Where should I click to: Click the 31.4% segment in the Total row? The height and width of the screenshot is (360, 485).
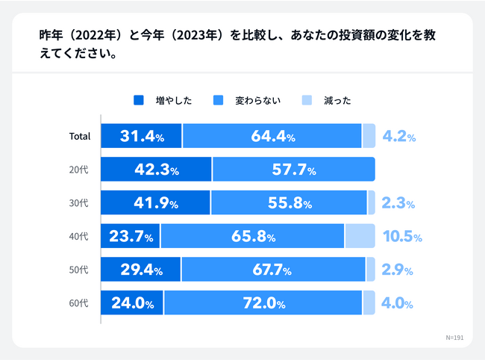click(x=141, y=136)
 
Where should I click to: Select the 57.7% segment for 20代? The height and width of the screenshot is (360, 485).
click(x=293, y=170)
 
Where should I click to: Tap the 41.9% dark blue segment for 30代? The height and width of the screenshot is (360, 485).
click(x=155, y=202)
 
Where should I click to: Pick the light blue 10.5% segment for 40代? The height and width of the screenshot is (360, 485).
click(x=360, y=236)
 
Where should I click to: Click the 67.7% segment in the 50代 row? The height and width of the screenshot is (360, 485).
click(x=273, y=270)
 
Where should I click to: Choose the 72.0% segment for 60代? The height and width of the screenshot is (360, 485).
click(x=263, y=303)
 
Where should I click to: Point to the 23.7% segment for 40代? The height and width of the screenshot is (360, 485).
click(x=131, y=236)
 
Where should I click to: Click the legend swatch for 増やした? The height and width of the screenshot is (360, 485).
click(x=137, y=101)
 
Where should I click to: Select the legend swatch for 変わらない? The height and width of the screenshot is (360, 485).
click(x=218, y=101)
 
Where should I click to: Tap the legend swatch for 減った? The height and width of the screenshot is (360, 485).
click(x=307, y=101)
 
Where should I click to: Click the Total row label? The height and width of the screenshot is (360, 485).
click(x=79, y=136)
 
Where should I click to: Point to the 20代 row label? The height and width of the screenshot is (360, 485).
click(x=79, y=170)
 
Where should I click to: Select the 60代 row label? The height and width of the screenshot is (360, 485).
click(x=79, y=303)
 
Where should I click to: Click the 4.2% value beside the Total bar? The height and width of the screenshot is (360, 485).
click(x=398, y=136)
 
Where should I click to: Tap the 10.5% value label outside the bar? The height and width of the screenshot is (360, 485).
click(x=402, y=237)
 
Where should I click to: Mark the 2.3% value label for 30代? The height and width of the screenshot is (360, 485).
click(x=398, y=203)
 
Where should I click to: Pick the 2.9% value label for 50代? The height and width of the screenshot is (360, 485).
click(x=398, y=270)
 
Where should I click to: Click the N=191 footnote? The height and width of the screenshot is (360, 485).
click(x=454, y=337)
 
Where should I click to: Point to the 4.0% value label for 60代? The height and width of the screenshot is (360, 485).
click(x=398, y=303)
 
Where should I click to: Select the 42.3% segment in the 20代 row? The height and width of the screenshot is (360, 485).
click(x=157, y=170)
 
